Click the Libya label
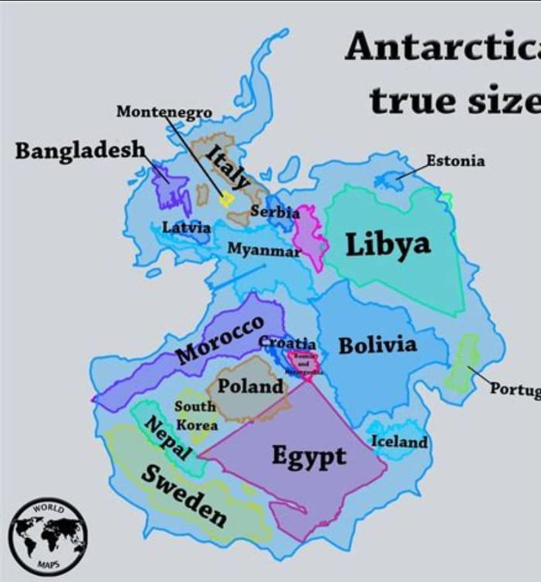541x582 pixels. (387, 245)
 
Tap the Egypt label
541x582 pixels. (308, 456)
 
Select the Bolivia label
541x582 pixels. (377, 345)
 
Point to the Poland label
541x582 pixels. (250, 386)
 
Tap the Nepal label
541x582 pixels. (168, 438)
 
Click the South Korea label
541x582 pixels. (196, 415)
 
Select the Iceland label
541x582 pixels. (400, 442)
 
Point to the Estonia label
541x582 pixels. (456, 161)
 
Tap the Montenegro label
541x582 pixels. (164, 112)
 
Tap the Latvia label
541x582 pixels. (185, 227)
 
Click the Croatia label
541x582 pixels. (287, 342)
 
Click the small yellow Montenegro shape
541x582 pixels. (226, 199)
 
